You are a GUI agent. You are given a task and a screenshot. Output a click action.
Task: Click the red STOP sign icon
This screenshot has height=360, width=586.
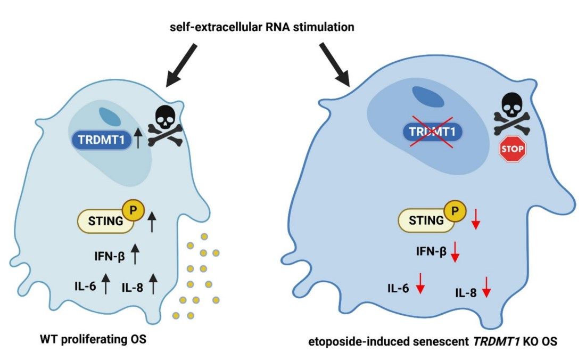pyautogui.click(x=512, y=149)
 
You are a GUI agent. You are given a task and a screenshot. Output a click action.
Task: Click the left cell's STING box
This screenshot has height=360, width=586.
pyautogui.click(x=105, y=220)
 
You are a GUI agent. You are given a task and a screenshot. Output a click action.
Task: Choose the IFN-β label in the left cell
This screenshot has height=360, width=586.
pyautogui.click(x=111, y=255)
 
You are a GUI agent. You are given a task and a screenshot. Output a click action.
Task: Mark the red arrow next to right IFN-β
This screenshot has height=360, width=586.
pyautogui.click(x=455, y=251)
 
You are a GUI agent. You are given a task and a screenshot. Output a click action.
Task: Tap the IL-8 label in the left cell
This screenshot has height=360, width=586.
pyautogui.click(x=133, y=287)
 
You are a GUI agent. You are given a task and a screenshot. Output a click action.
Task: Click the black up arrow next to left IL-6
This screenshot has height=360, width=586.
pyautogui.click(x=105, y=283)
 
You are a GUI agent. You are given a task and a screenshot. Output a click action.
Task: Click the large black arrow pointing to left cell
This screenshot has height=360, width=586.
pyautogui.click(x=181, y=65)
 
